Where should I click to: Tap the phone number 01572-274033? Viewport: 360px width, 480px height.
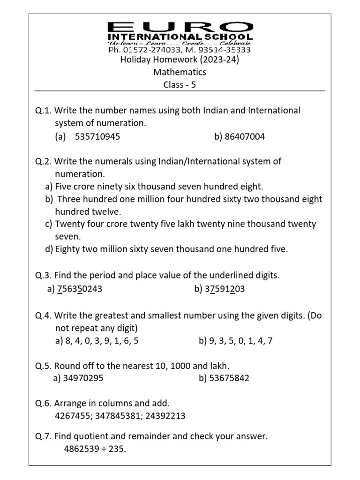click(x=146, y=49)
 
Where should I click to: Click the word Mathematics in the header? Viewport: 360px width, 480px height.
click(x=180, y=72)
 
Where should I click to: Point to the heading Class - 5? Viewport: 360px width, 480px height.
click(x=180, y=85)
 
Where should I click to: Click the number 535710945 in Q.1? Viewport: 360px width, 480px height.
click(x=97, y=136)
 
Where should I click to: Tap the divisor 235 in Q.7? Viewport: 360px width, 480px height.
click(x=117, y=449)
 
